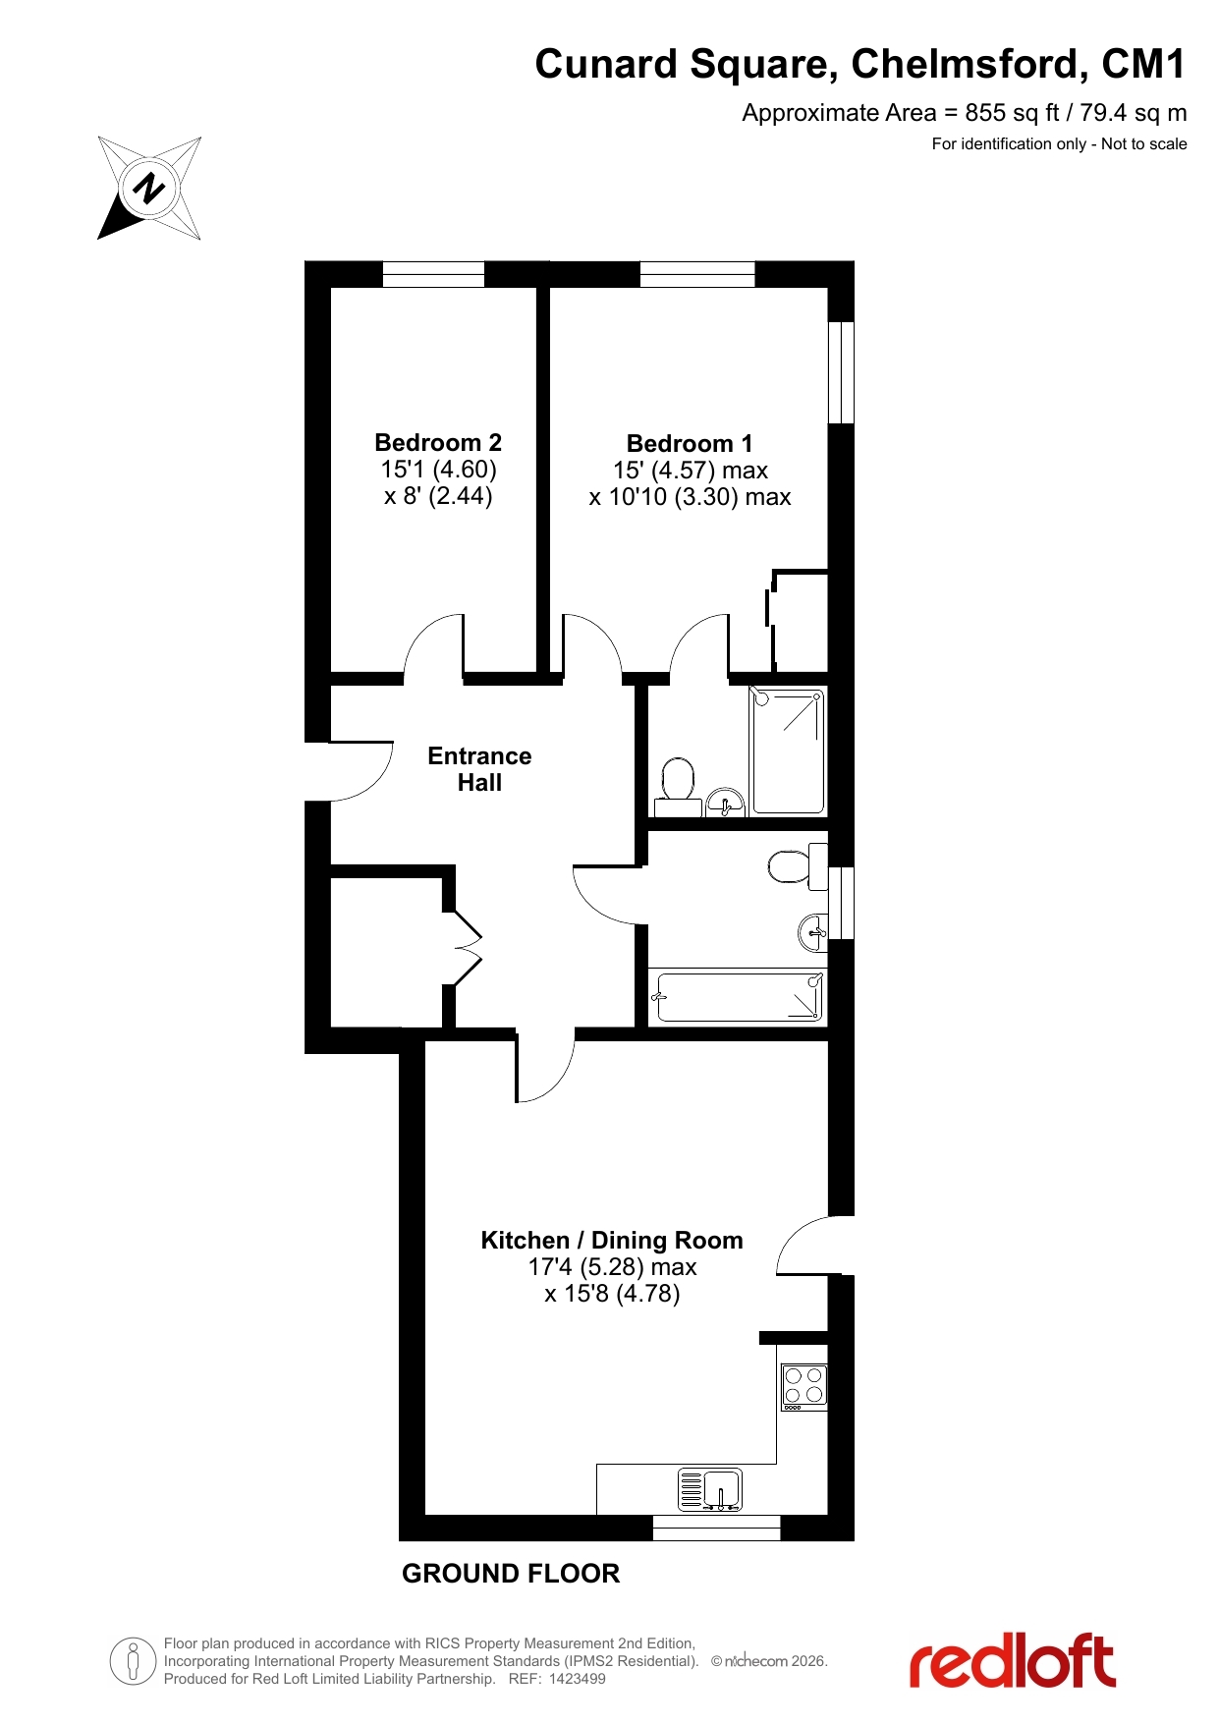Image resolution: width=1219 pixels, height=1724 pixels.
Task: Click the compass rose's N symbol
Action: (149, 187)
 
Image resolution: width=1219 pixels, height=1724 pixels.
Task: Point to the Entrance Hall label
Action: (479, 769)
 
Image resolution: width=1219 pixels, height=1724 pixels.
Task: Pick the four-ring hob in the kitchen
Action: (803, 1387)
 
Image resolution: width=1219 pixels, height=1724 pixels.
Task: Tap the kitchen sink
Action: (710, 1489)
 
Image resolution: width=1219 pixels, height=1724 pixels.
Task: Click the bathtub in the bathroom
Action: (737, 997)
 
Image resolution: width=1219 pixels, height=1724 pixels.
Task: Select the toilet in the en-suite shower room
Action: (677, 787)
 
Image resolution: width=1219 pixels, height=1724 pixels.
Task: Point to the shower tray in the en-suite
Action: (787, 751)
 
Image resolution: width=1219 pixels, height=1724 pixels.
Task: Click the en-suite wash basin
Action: (726, 802)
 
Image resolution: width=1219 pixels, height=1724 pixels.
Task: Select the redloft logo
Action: (1013, 1660)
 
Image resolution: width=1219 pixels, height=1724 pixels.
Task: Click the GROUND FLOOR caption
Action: (511, 1574)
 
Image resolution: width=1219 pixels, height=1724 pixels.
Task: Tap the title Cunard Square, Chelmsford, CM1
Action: (860, 64)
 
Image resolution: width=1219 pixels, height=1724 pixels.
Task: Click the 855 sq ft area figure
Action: (1011, 113)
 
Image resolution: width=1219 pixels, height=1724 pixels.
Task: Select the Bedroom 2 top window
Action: (433, 274)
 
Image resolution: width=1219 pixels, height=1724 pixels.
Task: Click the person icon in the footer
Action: (133, 1661)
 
